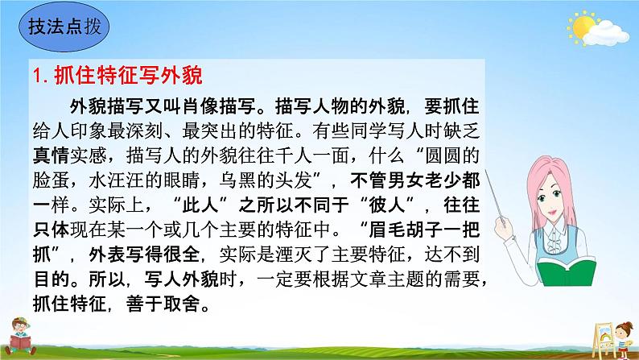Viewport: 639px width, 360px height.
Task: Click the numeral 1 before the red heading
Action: pos(38,77)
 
